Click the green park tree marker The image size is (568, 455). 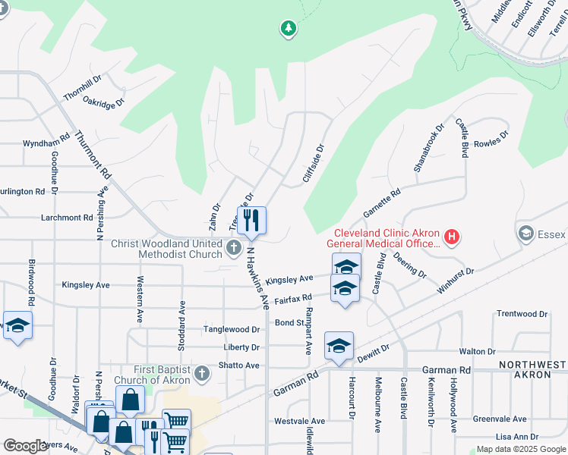pos(288,29)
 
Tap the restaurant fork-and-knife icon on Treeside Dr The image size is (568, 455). pos(251,220)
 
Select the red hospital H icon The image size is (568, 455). pos(452,237)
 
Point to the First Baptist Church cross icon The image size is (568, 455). pos(201,373)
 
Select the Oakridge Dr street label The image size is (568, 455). pos(103,102)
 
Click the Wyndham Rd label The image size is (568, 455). pos(46,143)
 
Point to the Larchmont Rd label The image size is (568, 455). pos(67,218)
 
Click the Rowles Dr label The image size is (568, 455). pos(491,142)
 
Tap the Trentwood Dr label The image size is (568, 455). pos(522,313)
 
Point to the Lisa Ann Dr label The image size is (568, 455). pos(516,437)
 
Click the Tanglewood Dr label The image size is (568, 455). pos(232,329)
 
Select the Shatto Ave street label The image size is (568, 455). pos(238,365)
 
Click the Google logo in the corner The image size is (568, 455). pos(25,446)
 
